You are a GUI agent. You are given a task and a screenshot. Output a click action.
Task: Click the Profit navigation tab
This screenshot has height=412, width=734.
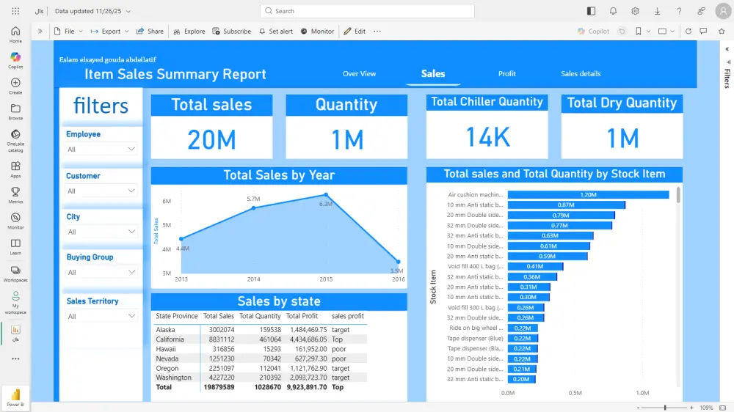pyautogui.click(x=506, y=74)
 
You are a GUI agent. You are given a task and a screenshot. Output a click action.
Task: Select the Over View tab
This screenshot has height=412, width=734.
pyautogui.click(x=359, y=74)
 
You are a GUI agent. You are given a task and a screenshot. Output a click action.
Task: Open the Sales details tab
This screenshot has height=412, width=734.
pyautogui.click(x=581, y=74)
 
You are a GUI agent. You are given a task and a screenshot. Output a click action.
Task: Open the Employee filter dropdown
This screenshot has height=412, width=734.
pyautogui.click(x=101, y=149)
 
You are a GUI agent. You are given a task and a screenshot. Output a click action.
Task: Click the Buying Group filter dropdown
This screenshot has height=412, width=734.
pyautogui.click(x=101, y=272)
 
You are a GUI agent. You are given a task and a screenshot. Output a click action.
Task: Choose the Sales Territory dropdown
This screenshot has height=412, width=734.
pyautogui.click(x=101, y=316)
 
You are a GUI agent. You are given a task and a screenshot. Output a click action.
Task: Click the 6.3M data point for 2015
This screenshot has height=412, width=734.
pyautogui.click(x=326, y=195)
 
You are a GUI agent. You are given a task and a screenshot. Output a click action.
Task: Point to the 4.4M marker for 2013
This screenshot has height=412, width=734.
pyautogui.click(x=181, y=238)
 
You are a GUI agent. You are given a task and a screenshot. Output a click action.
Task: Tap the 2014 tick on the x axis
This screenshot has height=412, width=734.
pyautogui.click(x=253, y=279)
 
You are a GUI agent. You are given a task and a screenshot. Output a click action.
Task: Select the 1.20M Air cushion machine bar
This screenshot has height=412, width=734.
pyautogui.click(x=588, y=195)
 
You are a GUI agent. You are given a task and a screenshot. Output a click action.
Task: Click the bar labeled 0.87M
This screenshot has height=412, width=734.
pyautogui.click(x=566, y=205)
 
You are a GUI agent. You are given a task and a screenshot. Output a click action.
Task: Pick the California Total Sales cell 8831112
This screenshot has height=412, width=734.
pyautogui.click(x=219, y=339)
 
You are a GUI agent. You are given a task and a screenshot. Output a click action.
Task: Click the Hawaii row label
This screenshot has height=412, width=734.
pyautogui.click(x=166, y=349)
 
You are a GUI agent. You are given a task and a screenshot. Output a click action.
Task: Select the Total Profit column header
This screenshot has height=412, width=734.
pyautogui.click(x=302, y=317)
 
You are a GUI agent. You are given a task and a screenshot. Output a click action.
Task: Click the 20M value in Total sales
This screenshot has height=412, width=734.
pyautogui.click(x=211, y=139)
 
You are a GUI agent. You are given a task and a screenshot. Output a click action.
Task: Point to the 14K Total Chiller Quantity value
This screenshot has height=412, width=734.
pyautogui.click(x=487, y=136)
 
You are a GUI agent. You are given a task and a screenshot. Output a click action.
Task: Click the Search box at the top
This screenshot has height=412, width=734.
pyautogui.click(x=367, y=11)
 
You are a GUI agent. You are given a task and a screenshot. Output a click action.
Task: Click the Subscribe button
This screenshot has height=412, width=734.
pyautogui.click(x=232, y=32)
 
